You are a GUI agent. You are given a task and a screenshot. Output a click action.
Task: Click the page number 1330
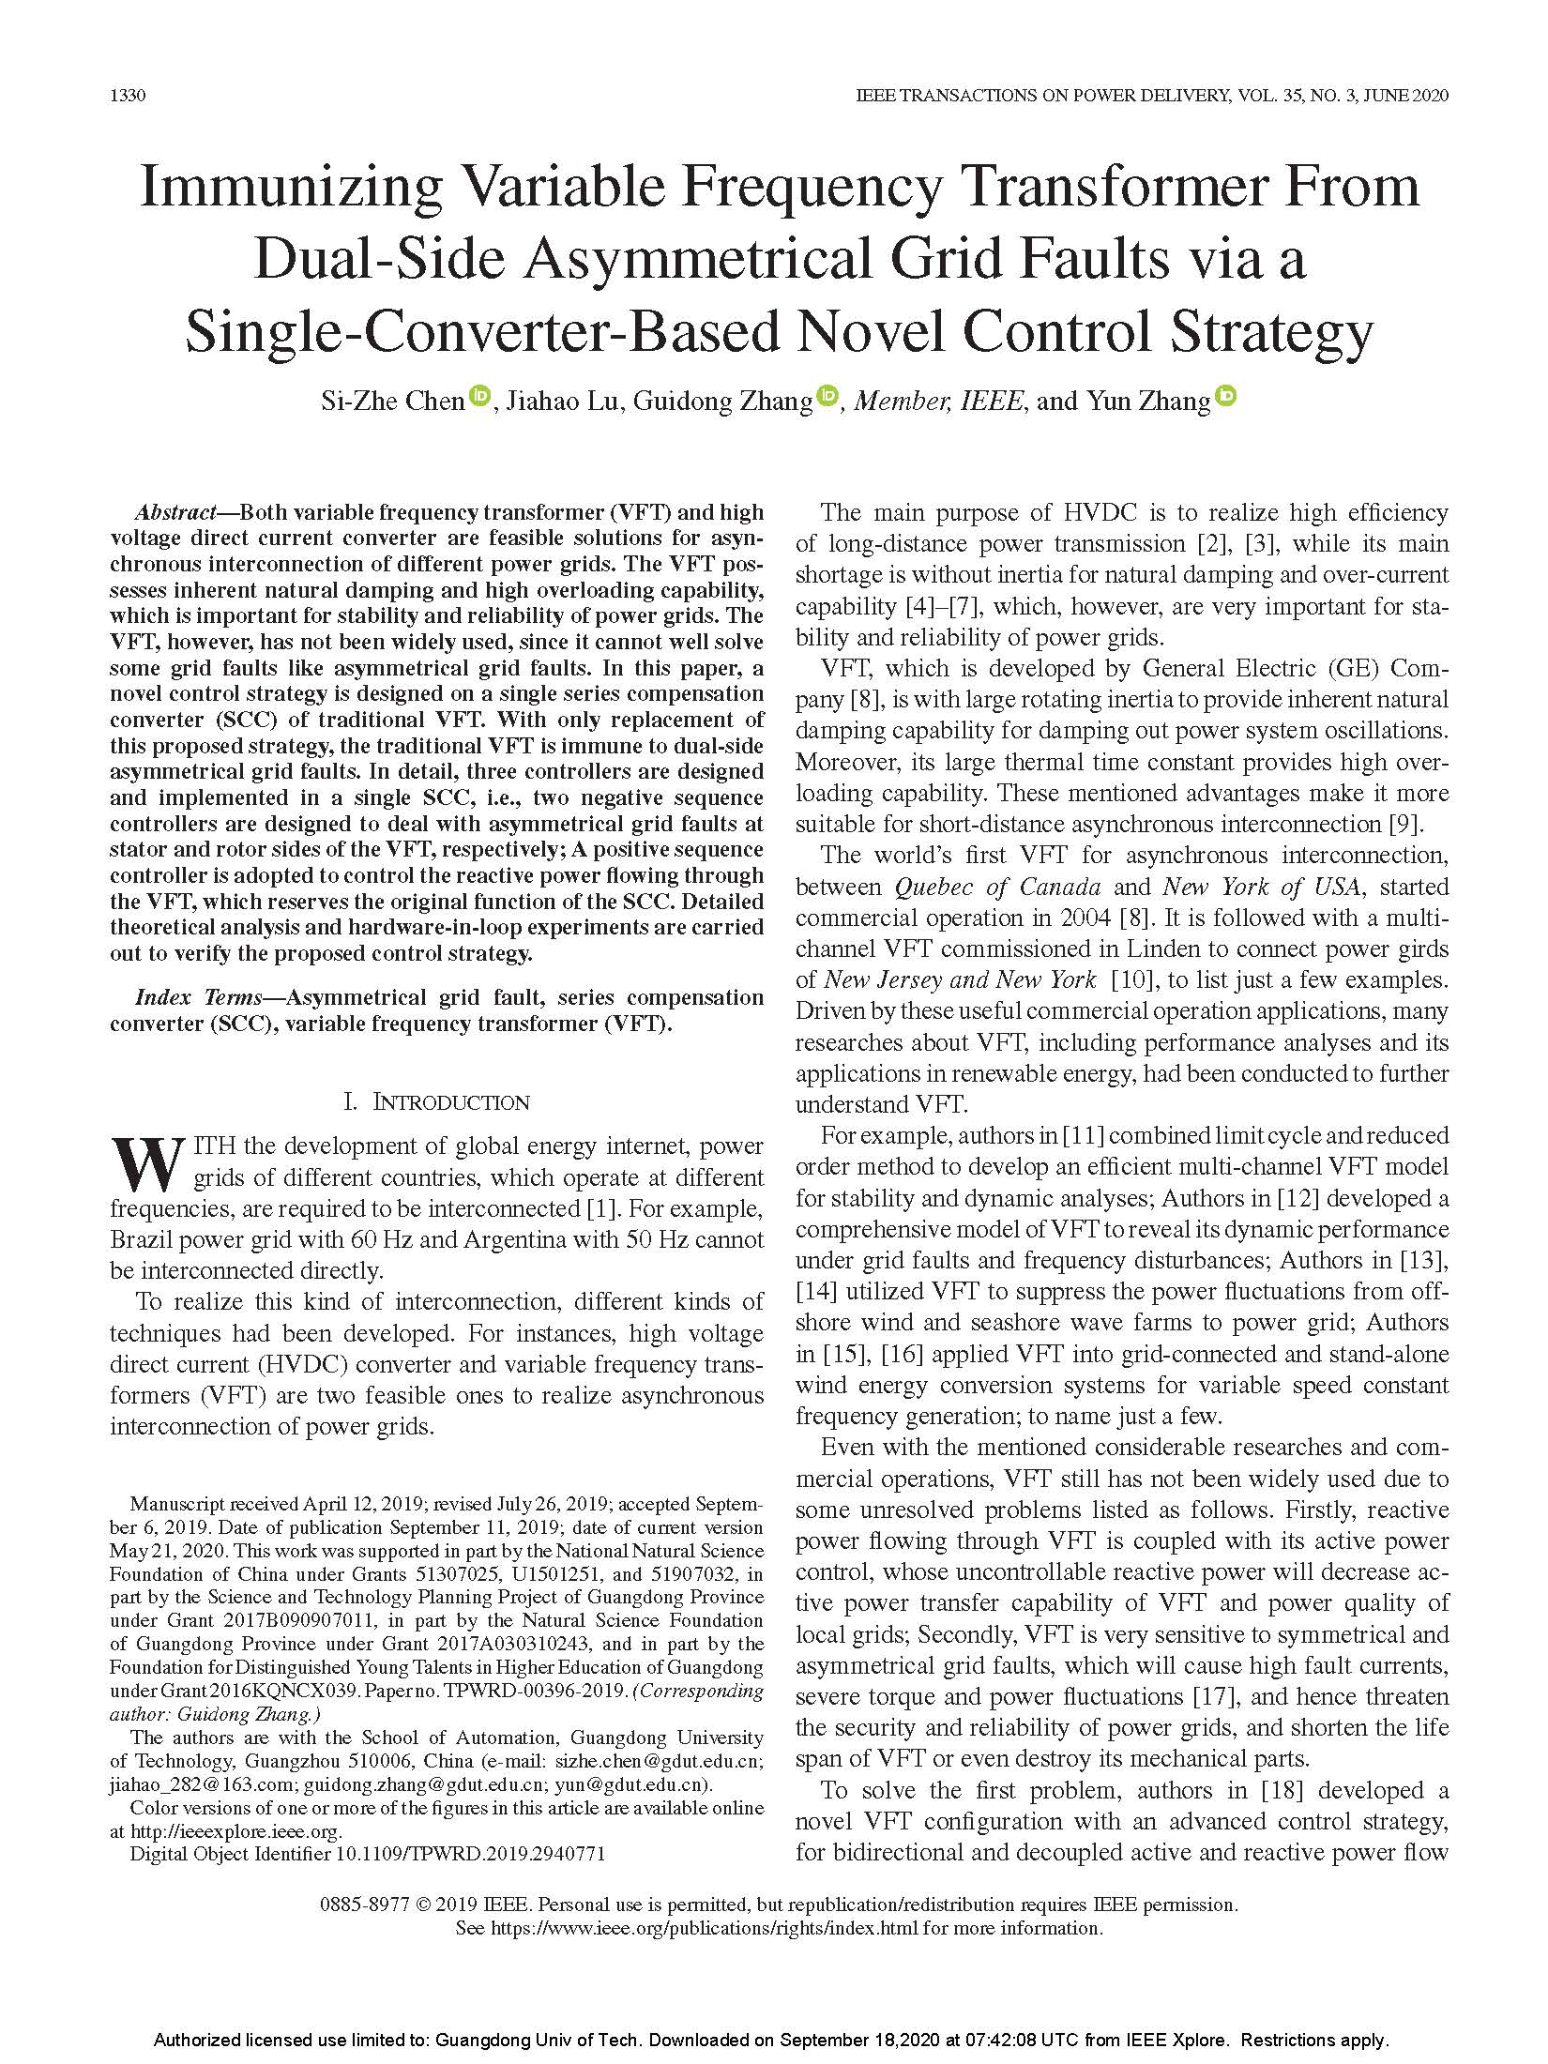127,96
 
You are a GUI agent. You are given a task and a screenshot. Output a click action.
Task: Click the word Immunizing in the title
290,187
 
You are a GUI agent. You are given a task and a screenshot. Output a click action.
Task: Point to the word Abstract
175,513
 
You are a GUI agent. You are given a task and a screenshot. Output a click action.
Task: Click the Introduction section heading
437,1101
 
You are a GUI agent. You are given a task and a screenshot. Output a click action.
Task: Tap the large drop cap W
146,1163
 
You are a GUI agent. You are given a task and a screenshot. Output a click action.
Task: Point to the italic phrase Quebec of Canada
997,887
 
